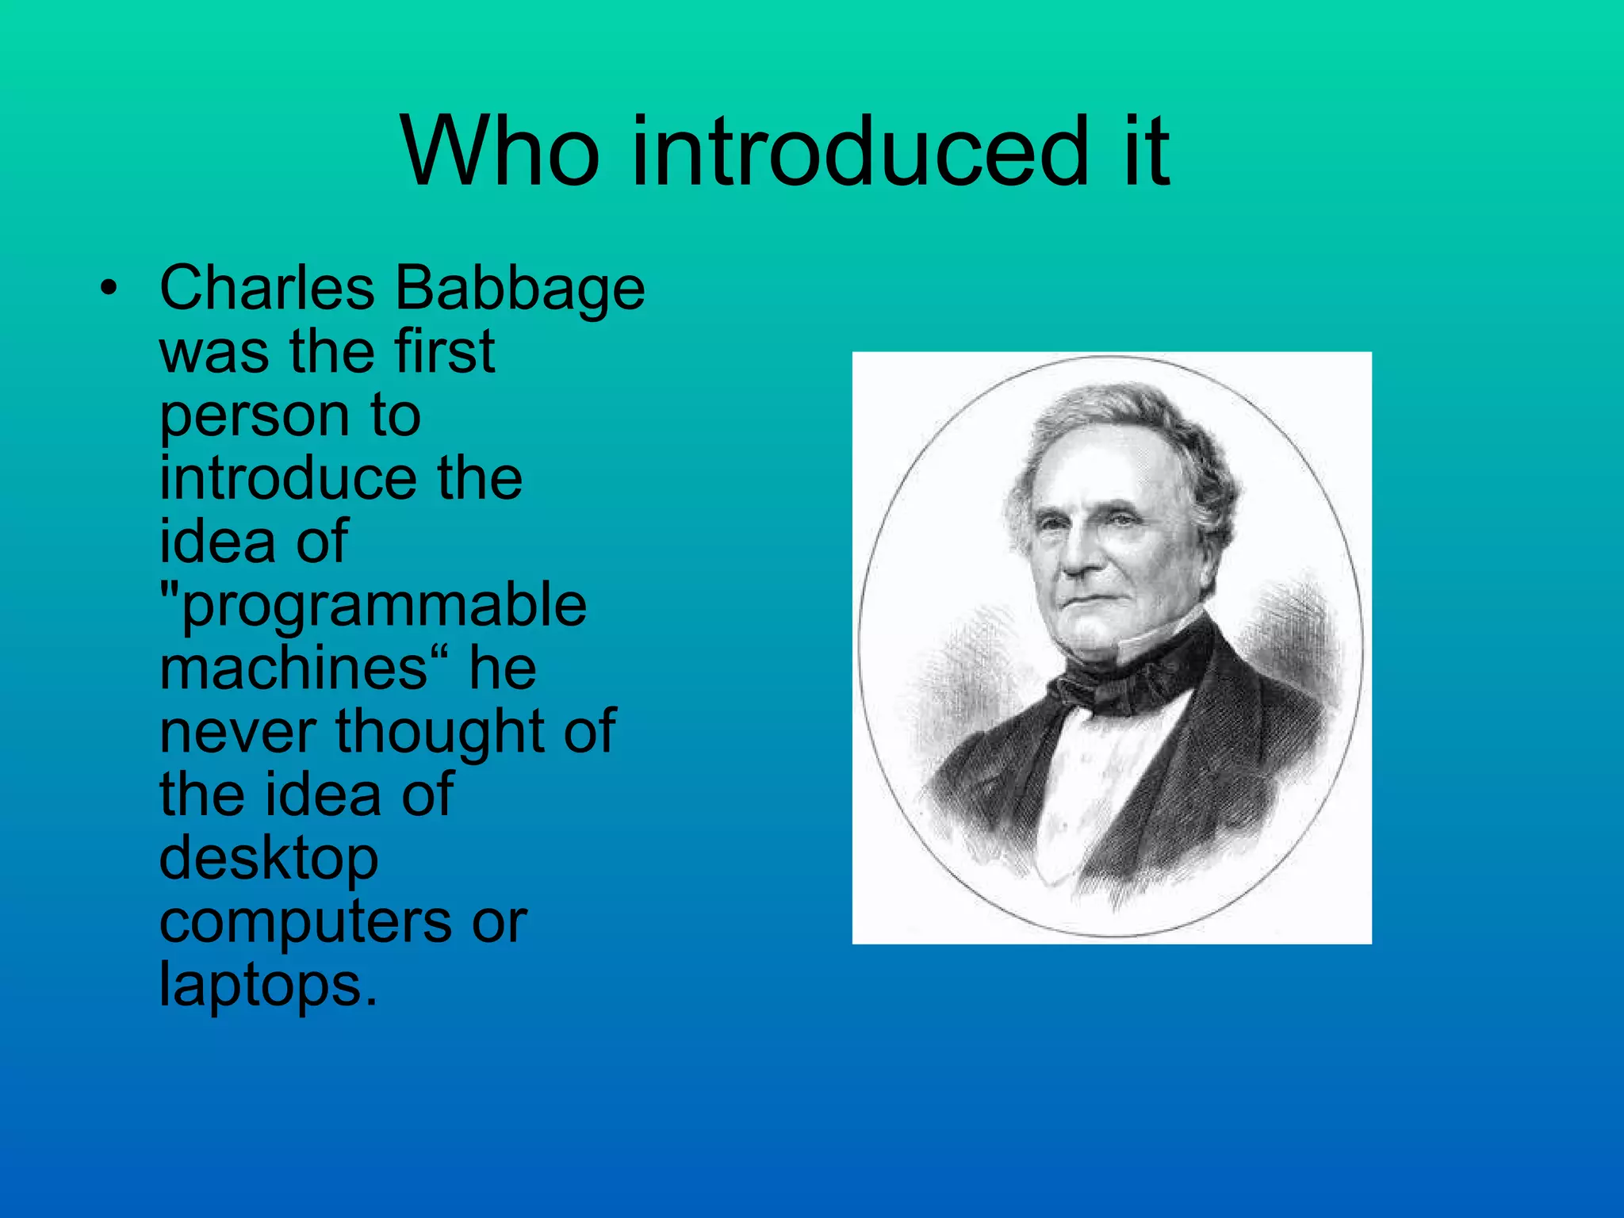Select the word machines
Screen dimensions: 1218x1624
pyautogui.click(x=293, y=668)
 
